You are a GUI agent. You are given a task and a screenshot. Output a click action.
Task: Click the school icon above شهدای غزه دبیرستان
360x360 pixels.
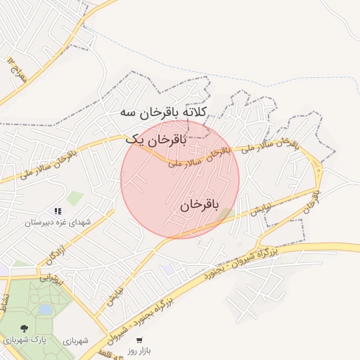[58, 210]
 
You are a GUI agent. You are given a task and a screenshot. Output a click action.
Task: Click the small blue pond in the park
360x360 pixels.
[45, 309]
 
